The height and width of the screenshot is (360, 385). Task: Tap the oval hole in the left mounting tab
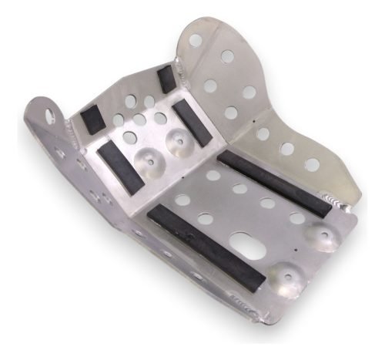point(50,116)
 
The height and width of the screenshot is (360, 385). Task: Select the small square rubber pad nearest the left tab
point(91,118)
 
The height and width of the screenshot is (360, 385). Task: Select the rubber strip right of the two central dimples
point(192,124)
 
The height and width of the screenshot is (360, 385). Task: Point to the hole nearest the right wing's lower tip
point(312,164)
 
